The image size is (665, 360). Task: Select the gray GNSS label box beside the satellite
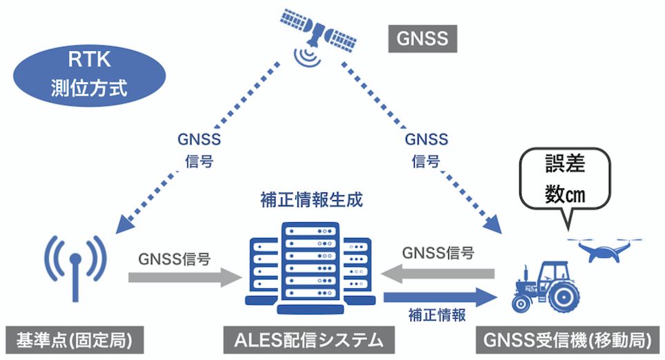pos(422,38)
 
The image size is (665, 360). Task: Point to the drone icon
pos(604,249)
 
